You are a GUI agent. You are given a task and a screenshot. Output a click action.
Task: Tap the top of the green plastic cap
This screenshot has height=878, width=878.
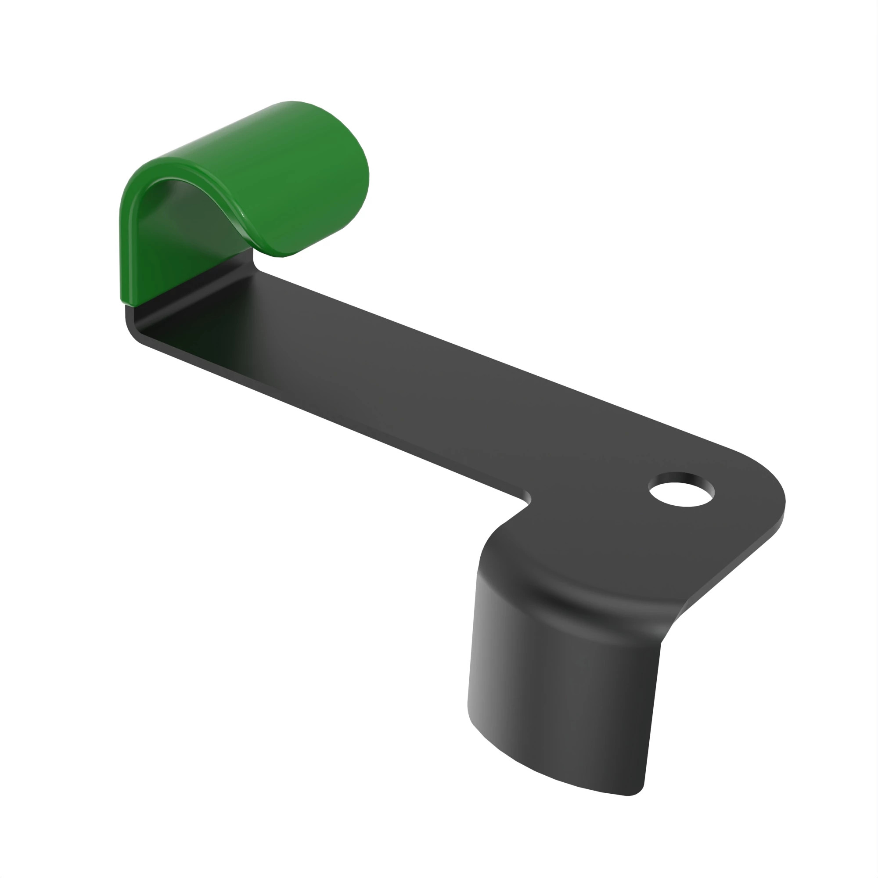255,137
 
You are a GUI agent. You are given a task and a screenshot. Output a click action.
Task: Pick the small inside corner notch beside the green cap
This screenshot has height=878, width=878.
255,263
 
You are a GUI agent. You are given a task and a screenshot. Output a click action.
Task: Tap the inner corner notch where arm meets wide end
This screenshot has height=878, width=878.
527,497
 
